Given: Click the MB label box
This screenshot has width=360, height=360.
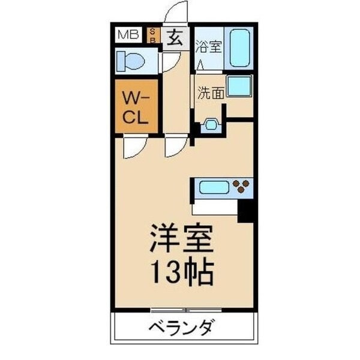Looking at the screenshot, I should [127, 34].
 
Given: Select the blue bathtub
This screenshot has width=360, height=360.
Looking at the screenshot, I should [242, 48].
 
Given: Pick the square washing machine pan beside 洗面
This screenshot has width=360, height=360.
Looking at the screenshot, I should [239, 86].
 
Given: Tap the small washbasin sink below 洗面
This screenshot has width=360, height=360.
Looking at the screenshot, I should [210, 125].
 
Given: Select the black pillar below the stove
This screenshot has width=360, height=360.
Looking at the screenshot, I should [247, 211].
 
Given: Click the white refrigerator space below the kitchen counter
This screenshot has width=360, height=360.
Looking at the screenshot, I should [214, 208].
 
